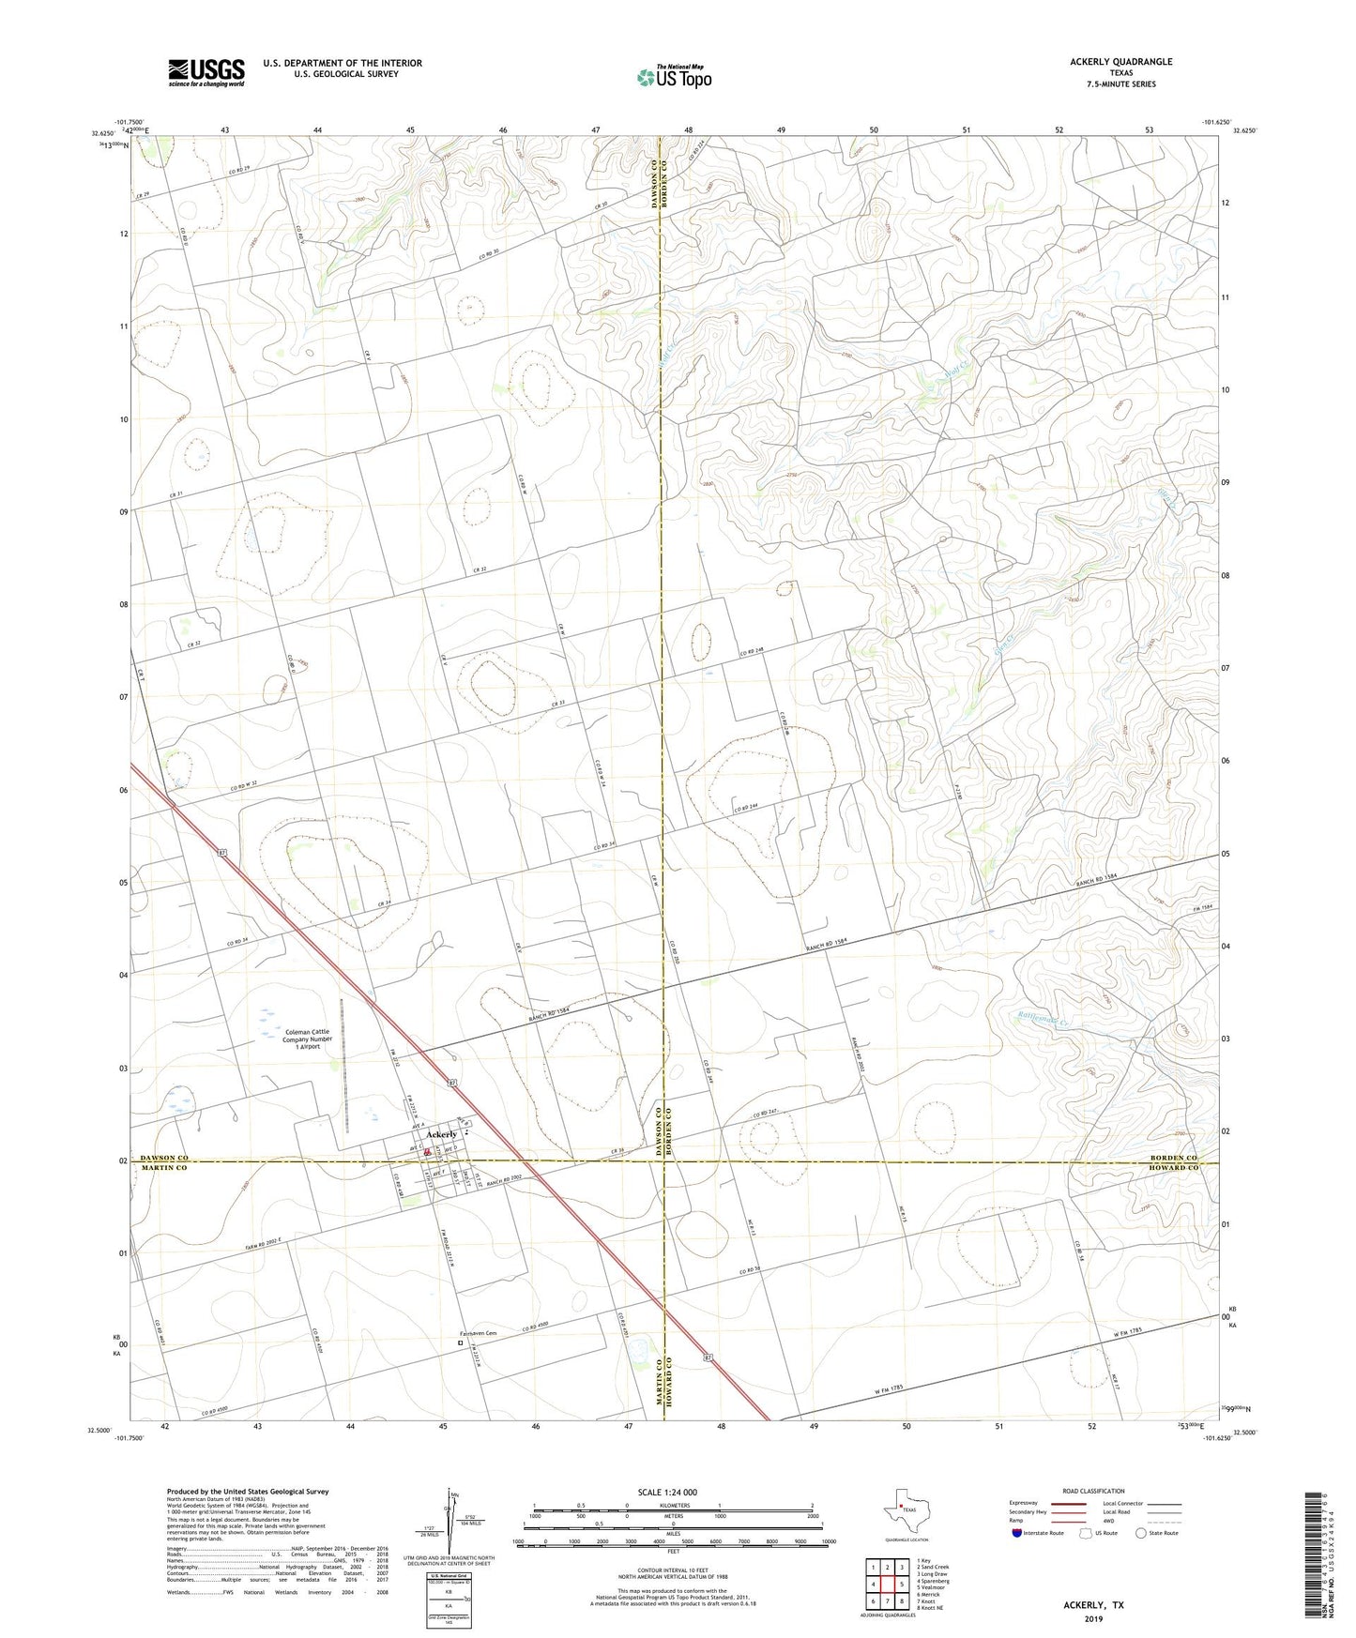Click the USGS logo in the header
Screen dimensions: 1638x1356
206,71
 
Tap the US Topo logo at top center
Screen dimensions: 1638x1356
673,77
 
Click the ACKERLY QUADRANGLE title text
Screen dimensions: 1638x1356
1120,62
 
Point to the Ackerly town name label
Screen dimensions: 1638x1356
441,1135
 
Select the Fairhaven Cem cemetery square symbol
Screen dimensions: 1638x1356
460,1342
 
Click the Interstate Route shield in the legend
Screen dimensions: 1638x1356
1017,1533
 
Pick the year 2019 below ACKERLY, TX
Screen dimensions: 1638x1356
1092,1619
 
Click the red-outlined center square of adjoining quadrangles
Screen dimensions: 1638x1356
887,1585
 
